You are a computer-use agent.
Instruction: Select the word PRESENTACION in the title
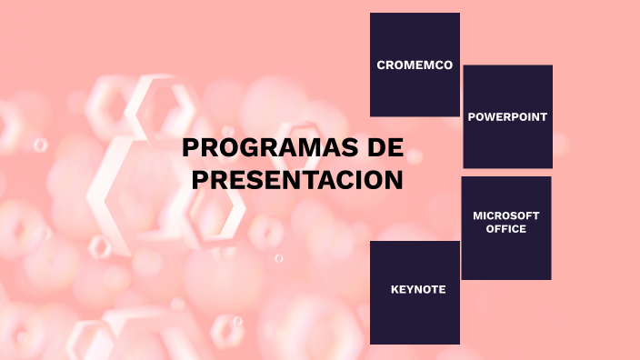(297, 180)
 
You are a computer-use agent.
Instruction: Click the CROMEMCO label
(415, 65)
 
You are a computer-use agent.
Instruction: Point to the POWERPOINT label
(507, 117)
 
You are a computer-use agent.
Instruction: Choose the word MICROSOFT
(506, 215)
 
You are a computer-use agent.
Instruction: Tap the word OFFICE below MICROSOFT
(506, 229)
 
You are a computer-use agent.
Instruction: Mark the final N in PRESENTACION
(392, 180)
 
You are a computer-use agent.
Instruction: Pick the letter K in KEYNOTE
(395, 290)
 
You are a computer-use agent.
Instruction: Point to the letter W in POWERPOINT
(489, 117)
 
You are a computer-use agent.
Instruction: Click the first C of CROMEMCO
(382, 65)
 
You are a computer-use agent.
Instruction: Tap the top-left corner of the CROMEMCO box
(371, 14)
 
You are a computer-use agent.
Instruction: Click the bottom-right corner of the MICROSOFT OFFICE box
(550, 278)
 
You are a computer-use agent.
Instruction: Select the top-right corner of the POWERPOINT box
(552, 65)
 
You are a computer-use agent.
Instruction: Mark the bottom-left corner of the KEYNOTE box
(371, 344)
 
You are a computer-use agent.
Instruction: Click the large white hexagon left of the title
(136, 155)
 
